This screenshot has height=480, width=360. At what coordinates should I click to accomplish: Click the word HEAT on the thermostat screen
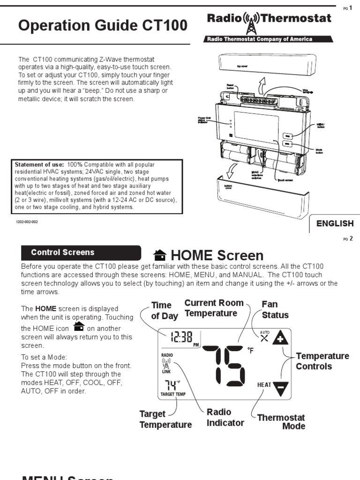[264, 385]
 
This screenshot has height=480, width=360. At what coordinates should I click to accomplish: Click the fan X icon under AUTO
[265, 339]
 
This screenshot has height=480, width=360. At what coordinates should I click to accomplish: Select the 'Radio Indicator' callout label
[225, 417]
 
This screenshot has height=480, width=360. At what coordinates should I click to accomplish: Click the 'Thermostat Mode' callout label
[281, 421]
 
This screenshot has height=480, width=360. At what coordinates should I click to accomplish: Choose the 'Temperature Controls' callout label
[322, 361]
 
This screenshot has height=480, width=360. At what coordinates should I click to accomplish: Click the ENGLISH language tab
[334, 224]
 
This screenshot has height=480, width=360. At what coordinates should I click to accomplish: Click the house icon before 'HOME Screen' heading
[160, 255]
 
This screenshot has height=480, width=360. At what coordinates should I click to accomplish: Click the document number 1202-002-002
[27, 222]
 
